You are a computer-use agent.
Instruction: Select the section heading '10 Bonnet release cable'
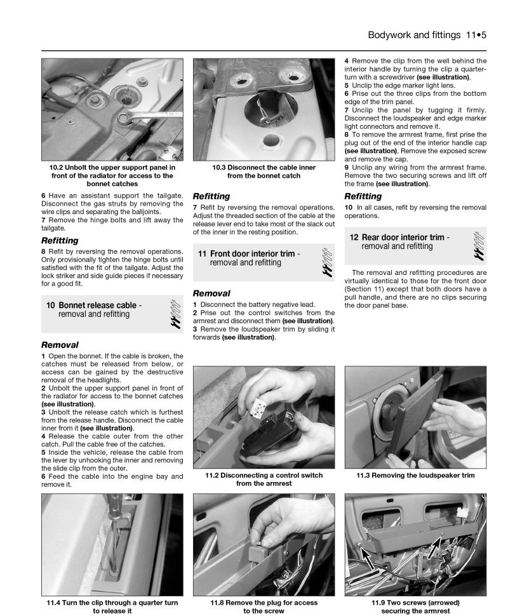tap(94, 305)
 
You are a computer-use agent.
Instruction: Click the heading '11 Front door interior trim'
tap(248, 253)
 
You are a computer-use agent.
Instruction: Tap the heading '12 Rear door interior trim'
tap(399, 238)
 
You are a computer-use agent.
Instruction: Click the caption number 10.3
tap(223, 168)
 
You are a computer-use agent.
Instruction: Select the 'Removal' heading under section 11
tap(211, 294)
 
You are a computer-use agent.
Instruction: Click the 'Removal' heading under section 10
tap(60, 345)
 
